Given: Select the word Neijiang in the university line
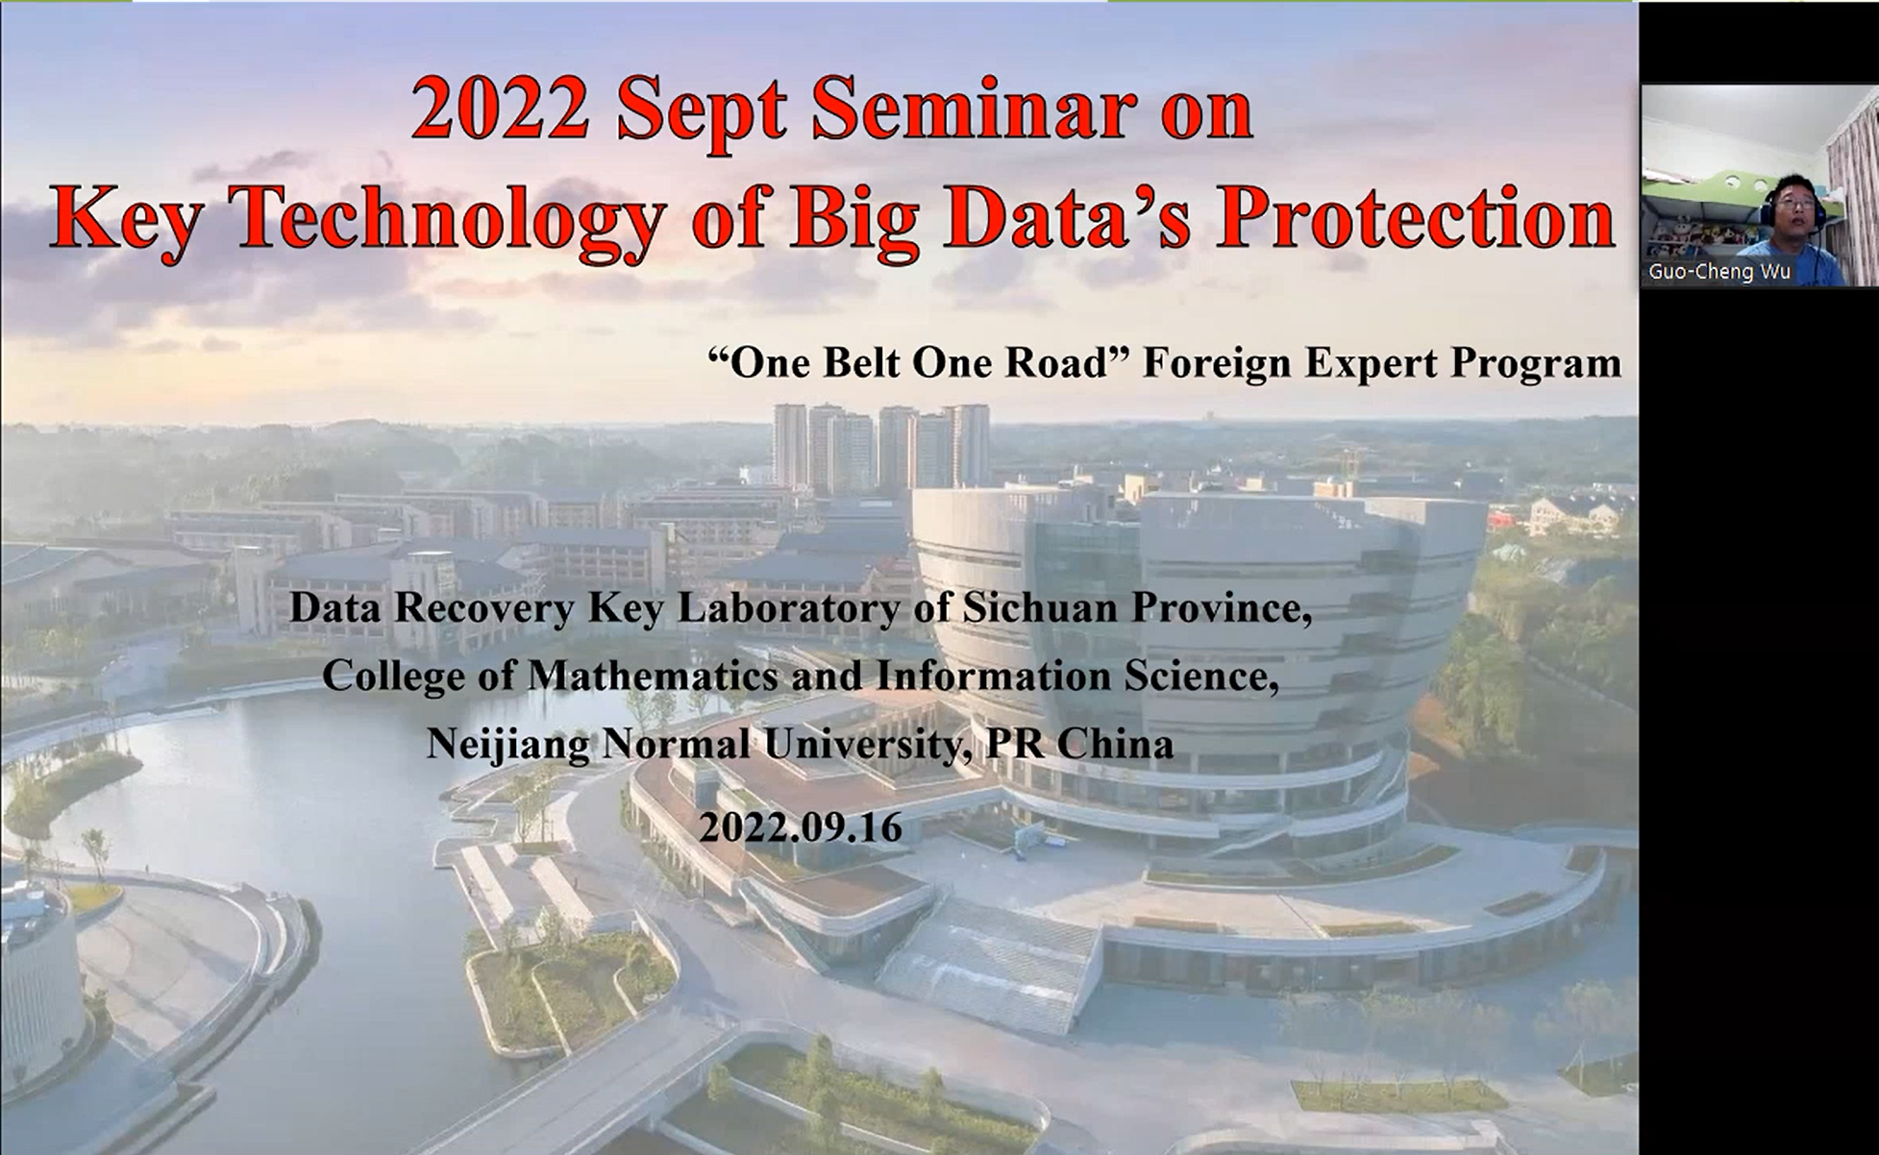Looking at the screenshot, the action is [x=508, y=745].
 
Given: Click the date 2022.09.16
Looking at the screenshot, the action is [x=801, y=827].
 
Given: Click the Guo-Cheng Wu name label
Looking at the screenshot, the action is [x=1719, y=272].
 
